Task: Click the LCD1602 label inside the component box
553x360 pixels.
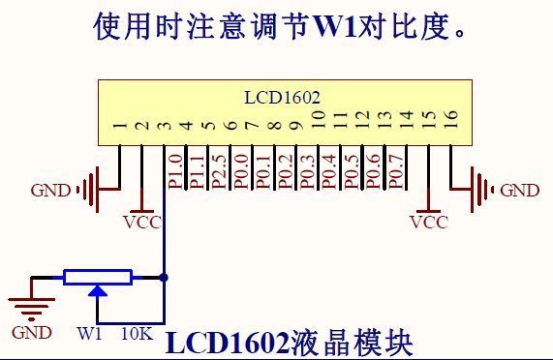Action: [x=281, y=98]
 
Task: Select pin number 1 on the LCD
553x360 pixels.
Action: [x=119, y=124]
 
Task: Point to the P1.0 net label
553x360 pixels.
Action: [x=175, y=168]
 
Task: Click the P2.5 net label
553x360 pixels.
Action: [x=219, y=168]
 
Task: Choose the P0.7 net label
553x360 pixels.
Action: [x=395, y=168]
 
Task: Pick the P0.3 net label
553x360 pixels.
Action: [x=307, y=168]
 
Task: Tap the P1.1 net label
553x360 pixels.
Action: [x=197, y=168]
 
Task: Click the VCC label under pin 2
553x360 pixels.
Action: [x=142, y=222]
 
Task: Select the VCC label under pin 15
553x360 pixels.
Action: [x=429, y=222]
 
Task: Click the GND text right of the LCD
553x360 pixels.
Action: [x=519, y=191]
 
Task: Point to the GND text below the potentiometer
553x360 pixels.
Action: [x=32, y=333]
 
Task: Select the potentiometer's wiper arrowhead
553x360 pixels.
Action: [x=97, y=290]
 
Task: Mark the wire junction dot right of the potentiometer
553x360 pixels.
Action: [x=165, y=278]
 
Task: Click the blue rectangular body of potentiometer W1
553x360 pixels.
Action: [x=97, y=278]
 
